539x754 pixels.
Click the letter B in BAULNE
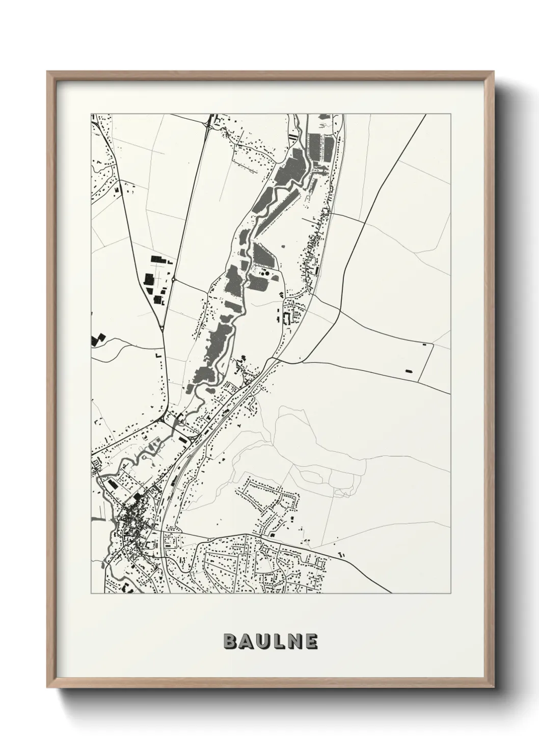tap(230, 641)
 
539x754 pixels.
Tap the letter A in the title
tap(246, 641)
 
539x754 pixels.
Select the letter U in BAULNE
tap(262, 641)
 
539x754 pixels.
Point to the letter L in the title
tap(278, 641)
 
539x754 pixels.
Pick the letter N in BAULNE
tap(293, 641)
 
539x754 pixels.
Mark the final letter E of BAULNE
tap(310, 641)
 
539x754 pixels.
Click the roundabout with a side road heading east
tap(174, 279)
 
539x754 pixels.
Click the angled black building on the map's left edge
tap(97, 340)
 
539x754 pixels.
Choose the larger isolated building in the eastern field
tap(408, 370)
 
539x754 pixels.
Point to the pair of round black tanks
tap(264, 274)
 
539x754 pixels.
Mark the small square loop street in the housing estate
tap(290, 502)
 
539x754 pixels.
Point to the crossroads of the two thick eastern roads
tap(340, 309)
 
